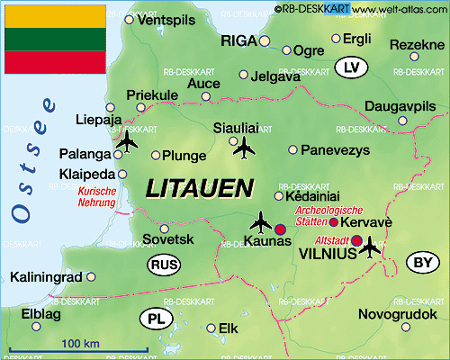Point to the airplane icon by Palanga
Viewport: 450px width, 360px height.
pyautogui.click(x=126, y=143)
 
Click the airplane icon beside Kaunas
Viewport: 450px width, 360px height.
pyautogui.click(x=261, y=220)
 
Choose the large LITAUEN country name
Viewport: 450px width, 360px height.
pyautogui.click(x=200, y=188)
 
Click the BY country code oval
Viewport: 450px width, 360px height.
pyautogui.click(x=420, y=262)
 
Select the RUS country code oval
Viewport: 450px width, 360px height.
pyautogui.click(x=163, y=265)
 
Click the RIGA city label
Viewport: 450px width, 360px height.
pyautogui.click(x=238, y=40)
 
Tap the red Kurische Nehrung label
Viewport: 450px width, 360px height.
pyautogui.click(x=97, y=197)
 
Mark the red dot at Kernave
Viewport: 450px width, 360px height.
pyautogui.click(x=334, y=221)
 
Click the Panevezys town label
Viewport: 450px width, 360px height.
pyautogui.click(x=335, y=149)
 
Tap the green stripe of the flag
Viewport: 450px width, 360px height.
pyautogui.click(x=54, y=38)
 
